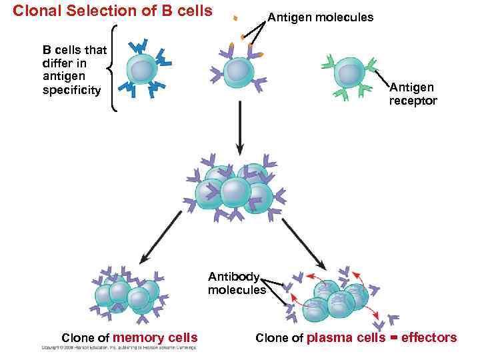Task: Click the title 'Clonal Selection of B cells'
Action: [x=113, y=11]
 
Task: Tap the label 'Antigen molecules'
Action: [x=320, y=17]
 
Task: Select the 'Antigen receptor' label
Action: [x=413, y=94]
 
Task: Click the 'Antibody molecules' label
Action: [x=237, y=283]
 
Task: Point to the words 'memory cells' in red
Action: [x=155, y=338]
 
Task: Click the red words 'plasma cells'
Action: [x=345, y=338]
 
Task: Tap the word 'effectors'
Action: [x=429, y=338]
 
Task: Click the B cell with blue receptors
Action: [x=141, y=70]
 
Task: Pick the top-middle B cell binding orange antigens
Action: [x=237, y=71]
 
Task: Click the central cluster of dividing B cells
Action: [x=235, y=189]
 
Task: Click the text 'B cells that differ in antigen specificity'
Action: [x=70, y=69]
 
